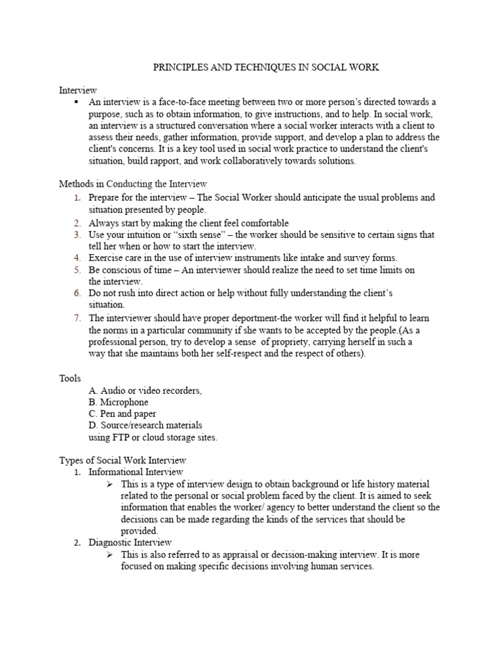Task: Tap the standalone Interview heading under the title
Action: (x=78, y=90)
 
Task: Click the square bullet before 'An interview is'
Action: (x=77, y=102)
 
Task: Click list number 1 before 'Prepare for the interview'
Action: (x=77, y=197)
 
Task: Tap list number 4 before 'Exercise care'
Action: (x=77, y=258)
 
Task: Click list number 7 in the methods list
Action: (x=77, y=318)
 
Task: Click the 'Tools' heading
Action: (x=70, y=378)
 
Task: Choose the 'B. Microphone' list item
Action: (x=119, y=402)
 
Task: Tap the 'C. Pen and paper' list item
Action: (x=122, y=413)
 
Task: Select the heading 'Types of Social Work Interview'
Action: (x=123, y=460)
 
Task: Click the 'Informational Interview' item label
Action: (x=136, y=472)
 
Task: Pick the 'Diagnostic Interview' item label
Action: (x=130, y=542)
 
